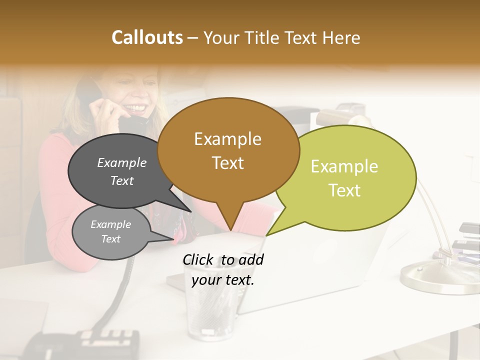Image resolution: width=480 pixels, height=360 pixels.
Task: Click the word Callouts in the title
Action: (x=147, y=37)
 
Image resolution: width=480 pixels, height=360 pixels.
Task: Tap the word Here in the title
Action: (x=340, y=37)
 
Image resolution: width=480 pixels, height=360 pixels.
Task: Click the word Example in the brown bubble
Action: (x=227, y=138)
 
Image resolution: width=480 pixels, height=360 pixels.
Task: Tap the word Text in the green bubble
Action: (x=345, y=190)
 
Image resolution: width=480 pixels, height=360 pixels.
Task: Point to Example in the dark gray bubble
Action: (x=121, y=162)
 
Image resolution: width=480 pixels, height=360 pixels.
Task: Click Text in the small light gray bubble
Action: (x=110, y=239)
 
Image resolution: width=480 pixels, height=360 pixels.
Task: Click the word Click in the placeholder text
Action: (x=199, y=259)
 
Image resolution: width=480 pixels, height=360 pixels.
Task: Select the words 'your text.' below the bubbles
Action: (x=223, y=280)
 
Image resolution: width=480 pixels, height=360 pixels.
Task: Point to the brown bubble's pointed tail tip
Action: (x=230, y=230)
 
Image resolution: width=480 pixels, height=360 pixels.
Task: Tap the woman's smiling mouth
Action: (x=138, y=108)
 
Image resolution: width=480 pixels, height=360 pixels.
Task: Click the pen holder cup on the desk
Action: (x=210, y=310)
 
